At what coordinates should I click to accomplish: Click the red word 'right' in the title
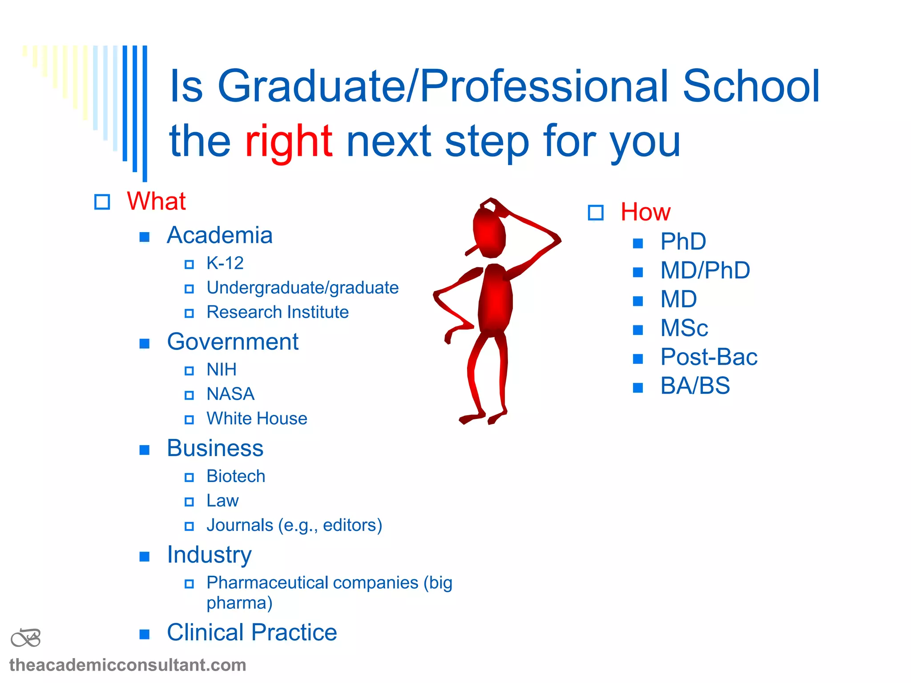tap(288, 141)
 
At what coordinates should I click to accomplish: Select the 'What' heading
tap(156, 201)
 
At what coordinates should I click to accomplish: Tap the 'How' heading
tap(645, 212)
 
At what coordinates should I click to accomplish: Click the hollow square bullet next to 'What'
tap(102, 202)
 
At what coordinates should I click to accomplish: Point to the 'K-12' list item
tap(225, 263)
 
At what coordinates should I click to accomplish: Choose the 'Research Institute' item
tap(277, 312)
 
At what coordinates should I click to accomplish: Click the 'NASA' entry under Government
tap(230, 394)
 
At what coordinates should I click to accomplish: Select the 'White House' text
tap(257, 418)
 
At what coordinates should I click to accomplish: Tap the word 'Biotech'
tap(236, 476)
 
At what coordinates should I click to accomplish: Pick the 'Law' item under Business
tap(222, 501)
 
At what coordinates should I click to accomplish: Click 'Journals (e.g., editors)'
tap(294, 525)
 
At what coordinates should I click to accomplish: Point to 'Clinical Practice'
tap(252, 632)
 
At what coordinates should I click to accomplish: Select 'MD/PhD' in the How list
tap(705, 270)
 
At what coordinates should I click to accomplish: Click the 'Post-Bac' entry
tap(709, 357)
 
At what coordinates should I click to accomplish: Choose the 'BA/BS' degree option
tap(695, 386)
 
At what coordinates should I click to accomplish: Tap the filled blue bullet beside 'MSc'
tap(638, 329)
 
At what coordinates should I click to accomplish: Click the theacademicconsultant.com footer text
tap(128, 665)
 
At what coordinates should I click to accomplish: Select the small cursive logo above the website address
tap(26, 638)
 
